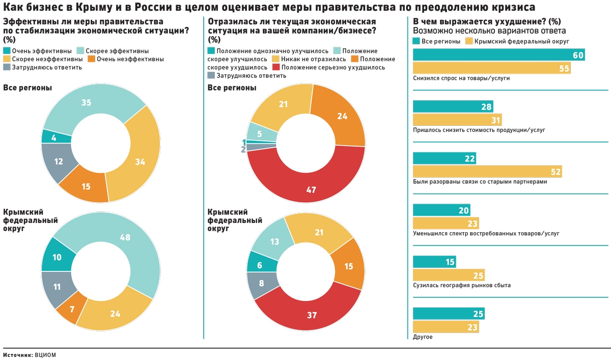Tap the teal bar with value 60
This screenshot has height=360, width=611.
click(498, 55)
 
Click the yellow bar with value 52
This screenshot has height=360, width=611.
click(487, 172)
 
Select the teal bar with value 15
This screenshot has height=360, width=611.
click(434, 262)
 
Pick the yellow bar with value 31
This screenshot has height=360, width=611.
click(457, 120)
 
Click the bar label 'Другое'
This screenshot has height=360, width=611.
click(423, 337)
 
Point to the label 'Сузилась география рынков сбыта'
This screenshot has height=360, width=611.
click(462, 285)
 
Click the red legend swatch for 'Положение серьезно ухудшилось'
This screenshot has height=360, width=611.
click(275, 67)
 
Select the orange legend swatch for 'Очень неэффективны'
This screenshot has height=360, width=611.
click(91, 59)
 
